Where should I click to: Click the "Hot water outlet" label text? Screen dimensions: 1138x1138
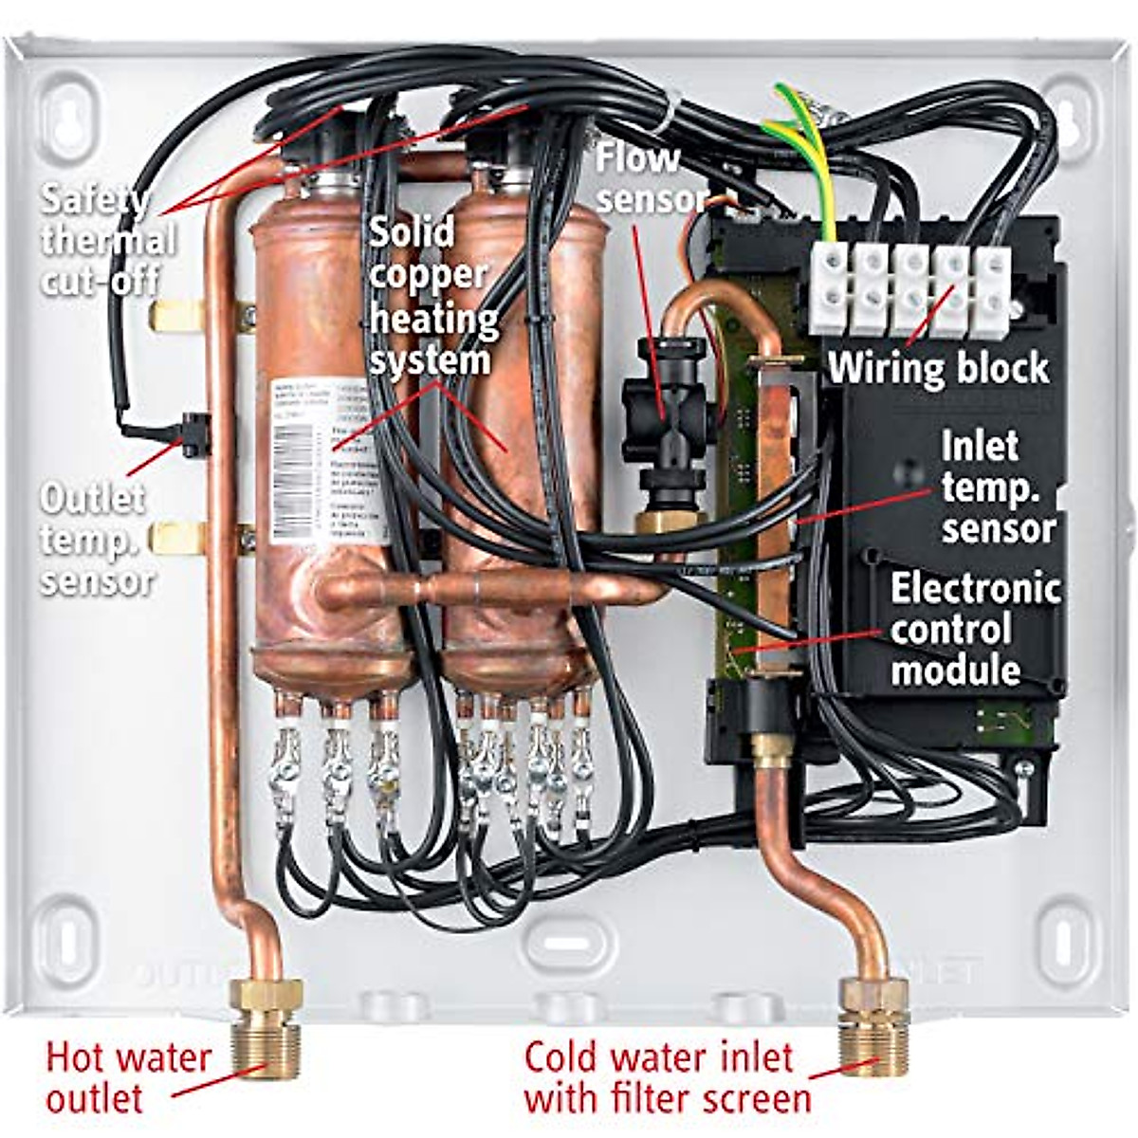coord(128,1077)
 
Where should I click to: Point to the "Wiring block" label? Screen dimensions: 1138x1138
coord(939,368)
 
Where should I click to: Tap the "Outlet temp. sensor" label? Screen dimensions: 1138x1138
coord(94,540)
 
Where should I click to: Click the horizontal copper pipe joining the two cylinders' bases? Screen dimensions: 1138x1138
coord(493,591)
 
